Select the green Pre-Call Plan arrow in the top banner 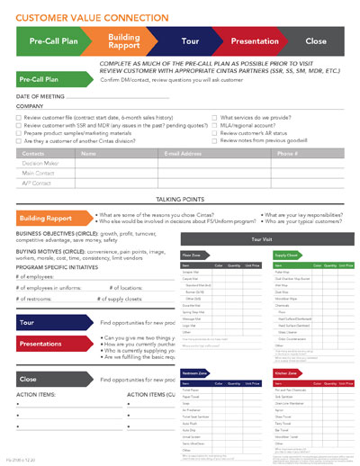(52, 40)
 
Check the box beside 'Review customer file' (19, 119)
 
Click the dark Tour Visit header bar (261, 239)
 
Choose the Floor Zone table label (193, 255)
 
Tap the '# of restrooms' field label (36, 298)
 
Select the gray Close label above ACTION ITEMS (28, 380)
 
